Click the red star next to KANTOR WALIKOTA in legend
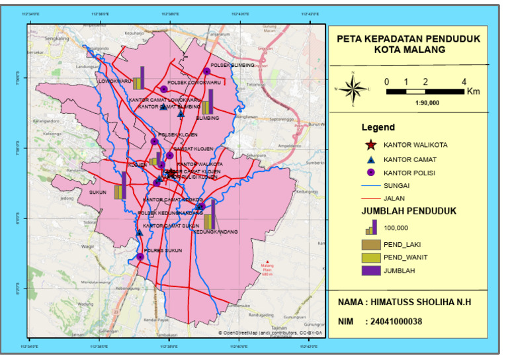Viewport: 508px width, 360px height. [371, 145]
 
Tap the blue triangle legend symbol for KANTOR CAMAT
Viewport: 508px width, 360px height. [371, 159]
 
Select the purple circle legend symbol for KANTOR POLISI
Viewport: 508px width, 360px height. [371, 172]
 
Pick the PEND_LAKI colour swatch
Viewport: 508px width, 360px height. [371, 244]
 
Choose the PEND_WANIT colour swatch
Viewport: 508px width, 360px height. [371, 257]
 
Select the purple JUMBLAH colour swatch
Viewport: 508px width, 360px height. [371, 270]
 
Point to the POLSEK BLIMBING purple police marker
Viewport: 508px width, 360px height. [206, 71]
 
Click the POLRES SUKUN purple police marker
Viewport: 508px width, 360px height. [140, 257]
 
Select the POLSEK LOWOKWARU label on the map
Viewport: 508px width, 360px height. [189, 82]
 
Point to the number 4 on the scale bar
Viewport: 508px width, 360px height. [464, 82]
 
